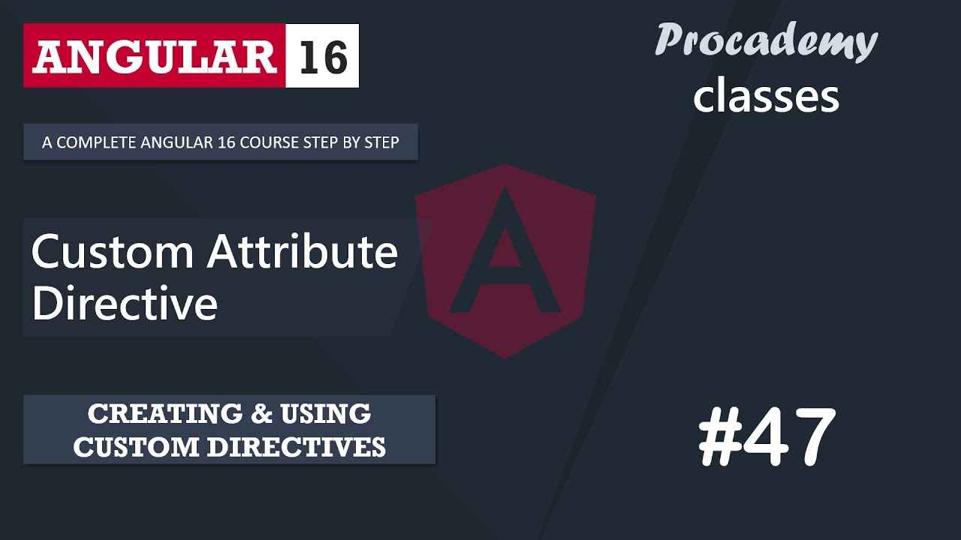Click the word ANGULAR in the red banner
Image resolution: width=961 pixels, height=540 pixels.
pos(154,56)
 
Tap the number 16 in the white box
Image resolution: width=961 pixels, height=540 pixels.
pos(323,56)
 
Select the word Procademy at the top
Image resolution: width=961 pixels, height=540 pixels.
pos(766,41)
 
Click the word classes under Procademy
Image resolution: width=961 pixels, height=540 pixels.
pos(766,97)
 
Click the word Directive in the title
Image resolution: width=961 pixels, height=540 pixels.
pos(125,304)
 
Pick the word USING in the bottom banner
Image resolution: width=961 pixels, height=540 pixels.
pos(326,413)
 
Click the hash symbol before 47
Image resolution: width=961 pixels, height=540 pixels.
pos(718,437)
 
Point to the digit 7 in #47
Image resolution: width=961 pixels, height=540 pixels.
pos(812,437)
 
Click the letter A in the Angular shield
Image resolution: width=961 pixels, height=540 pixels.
pos(505,255)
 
